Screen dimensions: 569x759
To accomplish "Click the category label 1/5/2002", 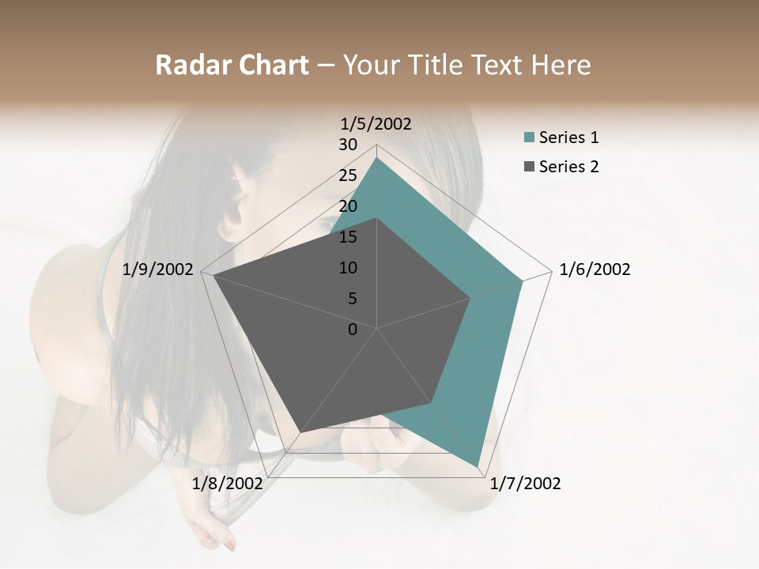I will [x=376, y=123].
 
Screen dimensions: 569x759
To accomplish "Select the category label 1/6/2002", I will [x=595, y=269].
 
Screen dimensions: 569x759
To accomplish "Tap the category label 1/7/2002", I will [x=525, y=484].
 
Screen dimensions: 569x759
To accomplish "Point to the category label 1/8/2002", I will [x=227, y=484].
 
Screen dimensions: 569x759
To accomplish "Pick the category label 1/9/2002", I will [x=158, y=269].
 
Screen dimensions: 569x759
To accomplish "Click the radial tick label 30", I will [x=348, y=145].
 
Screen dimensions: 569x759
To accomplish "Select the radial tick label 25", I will [x=348, y=175].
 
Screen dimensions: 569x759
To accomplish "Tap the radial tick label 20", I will [x=348, y=206].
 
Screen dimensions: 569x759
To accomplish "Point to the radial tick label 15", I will [x=348, y=237].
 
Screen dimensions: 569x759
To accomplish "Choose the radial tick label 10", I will [x=348, y=268].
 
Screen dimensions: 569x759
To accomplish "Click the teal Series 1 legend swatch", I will [x=529, y=138].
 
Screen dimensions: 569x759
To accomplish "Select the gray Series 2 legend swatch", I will [x=529, y=167].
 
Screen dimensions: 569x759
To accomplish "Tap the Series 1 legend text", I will [x=568, y=138].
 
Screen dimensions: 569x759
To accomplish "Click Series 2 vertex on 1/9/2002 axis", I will [x=213, y=276].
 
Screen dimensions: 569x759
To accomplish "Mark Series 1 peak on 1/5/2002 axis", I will [x=377, y=157].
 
